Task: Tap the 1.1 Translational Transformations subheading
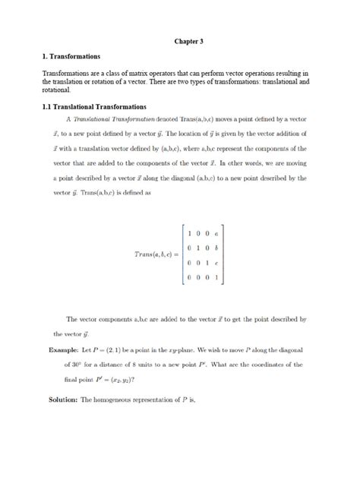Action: click(x=94, y=107)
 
